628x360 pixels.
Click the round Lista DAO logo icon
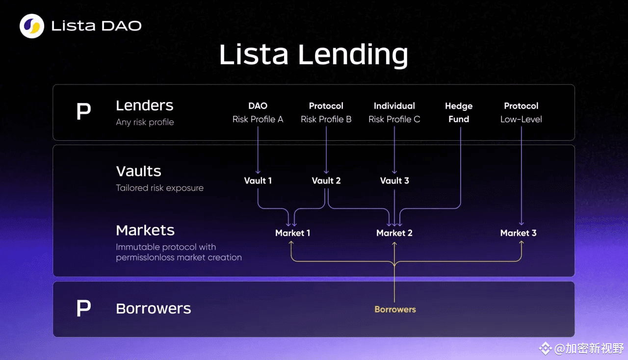click(x=32, y=26)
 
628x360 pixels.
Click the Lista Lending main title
click(x=314, y=54)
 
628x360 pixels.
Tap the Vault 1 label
click(x=258, y=180)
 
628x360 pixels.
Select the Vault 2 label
click(x=326, y=180)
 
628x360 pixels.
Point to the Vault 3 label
click(x=394, y=180)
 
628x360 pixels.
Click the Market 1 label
click(x=293, y=233)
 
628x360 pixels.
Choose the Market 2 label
click(x=394, y=233)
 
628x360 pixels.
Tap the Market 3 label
click(x=519, y=233)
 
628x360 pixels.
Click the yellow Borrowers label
click(x=395, y=309)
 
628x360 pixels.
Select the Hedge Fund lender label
click(x=459, y=112)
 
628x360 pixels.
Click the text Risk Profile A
click(x=258, y=119)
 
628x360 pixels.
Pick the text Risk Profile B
click(x=326, y=119)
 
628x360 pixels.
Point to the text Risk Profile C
click(x=394, y=119)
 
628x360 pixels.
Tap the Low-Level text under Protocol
click(x=521, y=119)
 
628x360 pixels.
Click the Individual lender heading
click(x=394, y=106)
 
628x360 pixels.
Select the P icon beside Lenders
click(x=83, y=111)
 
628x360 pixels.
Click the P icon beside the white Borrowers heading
click(x=83, y=308)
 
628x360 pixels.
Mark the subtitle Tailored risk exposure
click(x=159, y=188)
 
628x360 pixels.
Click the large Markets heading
click(x=145, y=231)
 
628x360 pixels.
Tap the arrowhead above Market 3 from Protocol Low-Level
click(x=521, y=224)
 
